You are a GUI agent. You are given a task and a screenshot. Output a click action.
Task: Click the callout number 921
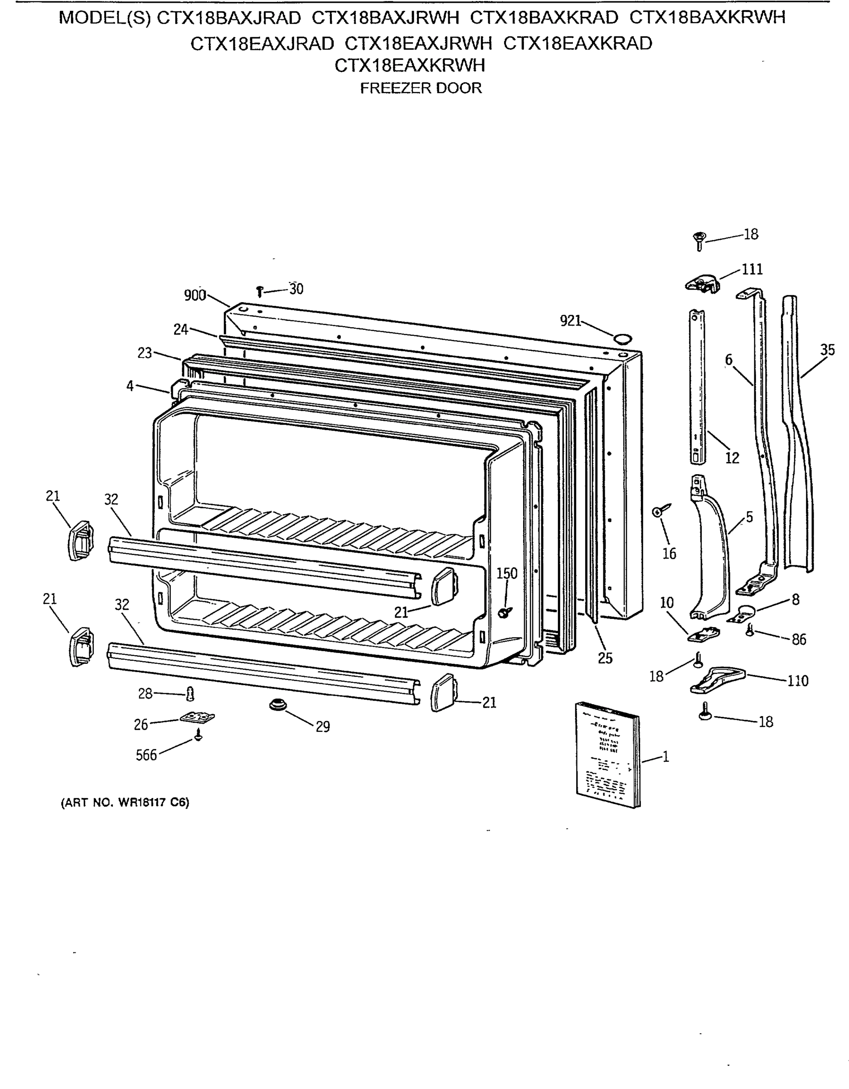pyautogui.click(x=571, y=321)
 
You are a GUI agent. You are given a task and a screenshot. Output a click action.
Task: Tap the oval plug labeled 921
pyautogui.click(x=622, y=339)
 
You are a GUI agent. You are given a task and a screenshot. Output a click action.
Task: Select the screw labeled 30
pyautogui.click(x=259, y=291)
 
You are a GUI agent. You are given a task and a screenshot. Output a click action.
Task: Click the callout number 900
pyautogui.click(x=195, y=296)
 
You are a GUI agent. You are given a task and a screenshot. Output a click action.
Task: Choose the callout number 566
pyautogui.click(x=146, y=755)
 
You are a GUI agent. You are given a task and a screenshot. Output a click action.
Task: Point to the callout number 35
pyautogui.click(x=827, y=349)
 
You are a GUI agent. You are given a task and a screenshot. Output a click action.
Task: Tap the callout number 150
pyautogui.click(x=507, y=574)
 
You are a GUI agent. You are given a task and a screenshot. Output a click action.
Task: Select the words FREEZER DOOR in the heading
pyautogui.click(x=421, y=88)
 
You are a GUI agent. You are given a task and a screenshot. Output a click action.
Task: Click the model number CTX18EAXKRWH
pyautogui.click(x=410, y=65)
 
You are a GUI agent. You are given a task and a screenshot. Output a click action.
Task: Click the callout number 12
pyautogui.click(x=732, y=458)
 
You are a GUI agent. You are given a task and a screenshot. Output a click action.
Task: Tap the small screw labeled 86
pyautogui.click(x=749, y=631)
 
